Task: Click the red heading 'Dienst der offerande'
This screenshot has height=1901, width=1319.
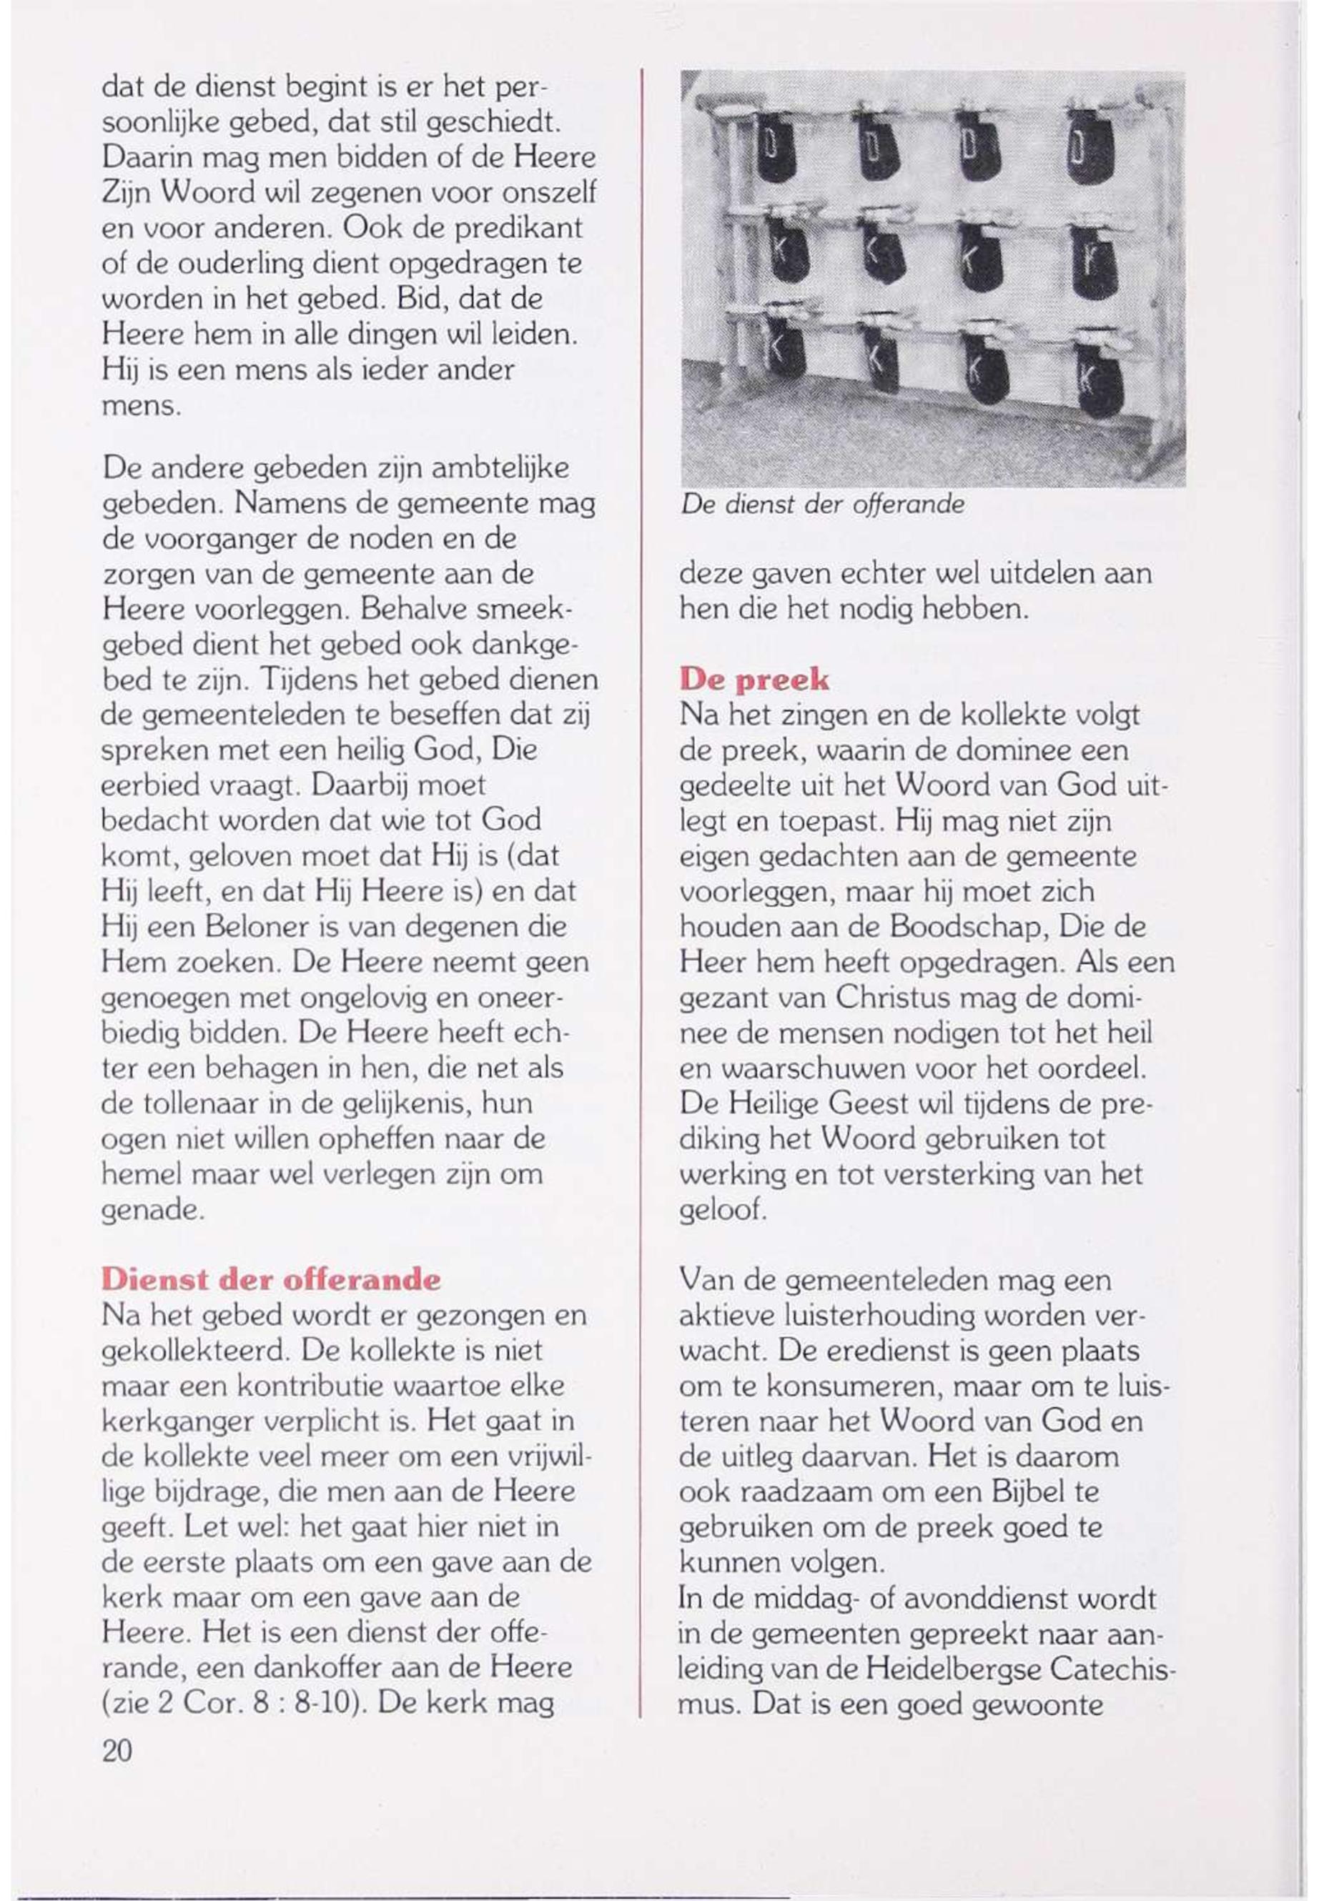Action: coord(270,1280)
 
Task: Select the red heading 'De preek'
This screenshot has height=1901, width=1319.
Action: coord(753,679)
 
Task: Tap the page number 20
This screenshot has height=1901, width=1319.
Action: coord(116,1748)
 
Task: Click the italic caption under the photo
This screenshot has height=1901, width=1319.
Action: coord(822,505)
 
